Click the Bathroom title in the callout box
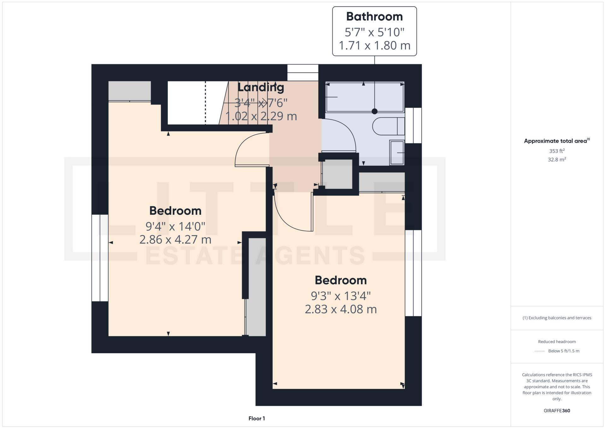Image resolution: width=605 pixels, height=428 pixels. coord(374,17)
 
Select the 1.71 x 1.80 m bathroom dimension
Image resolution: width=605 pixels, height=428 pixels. coord(374,46)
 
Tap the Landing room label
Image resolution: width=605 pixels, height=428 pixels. coord(261,87)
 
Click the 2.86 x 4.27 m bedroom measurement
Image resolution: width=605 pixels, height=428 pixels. coord(175,240)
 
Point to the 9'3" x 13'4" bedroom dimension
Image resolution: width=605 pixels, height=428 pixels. coord(340,296)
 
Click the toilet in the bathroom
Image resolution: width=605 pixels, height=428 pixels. coord(388,126)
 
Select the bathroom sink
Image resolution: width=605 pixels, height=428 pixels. coord(397,153)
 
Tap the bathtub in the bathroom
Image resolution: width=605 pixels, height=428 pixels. coord(365,97)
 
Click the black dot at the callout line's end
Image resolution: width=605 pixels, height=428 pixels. coord(374,111)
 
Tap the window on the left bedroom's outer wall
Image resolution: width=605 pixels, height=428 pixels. coord(100,258)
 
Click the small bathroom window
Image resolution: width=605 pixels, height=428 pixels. coord(413,126)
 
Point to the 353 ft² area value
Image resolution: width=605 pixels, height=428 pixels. coord(556,151)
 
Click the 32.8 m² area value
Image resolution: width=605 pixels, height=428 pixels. coord(556,160)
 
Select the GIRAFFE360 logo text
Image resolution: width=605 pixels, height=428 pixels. coord(556,411)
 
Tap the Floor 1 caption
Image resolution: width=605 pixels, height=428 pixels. coord(256,419)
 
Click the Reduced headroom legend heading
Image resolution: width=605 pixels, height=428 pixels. coord(556,342)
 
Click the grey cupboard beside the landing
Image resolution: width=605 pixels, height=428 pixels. coord(337,174)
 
